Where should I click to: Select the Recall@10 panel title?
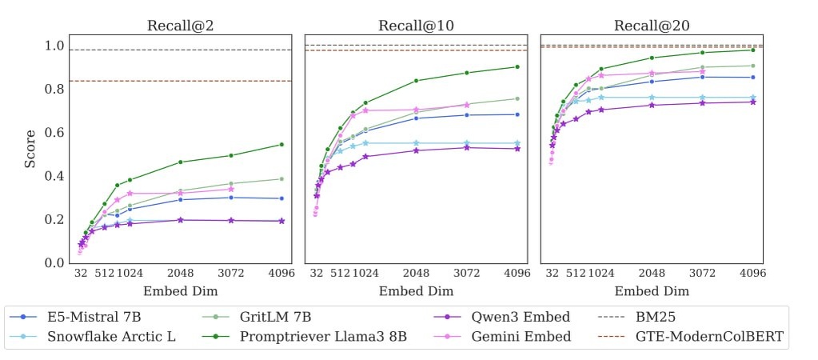pos(416,26)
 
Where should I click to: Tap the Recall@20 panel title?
pos(652,26)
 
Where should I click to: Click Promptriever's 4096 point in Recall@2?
pos(281,144)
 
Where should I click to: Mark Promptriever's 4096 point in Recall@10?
pos(517,66)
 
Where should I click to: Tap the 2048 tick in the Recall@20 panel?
pos(652,274)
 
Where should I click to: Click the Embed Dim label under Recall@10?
pos(416,291)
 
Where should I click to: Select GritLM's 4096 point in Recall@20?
pos(753,66)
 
